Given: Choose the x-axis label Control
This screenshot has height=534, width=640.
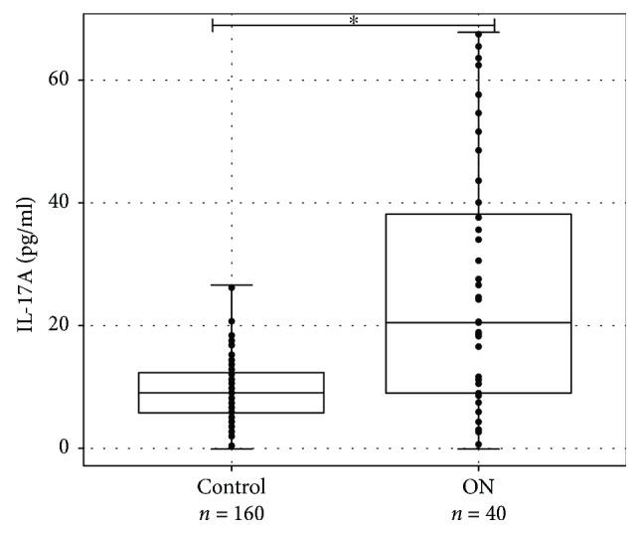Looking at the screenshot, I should [232, 488].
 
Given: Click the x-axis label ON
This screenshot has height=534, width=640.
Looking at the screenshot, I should [478, 488].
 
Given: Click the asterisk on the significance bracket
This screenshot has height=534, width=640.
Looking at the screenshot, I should [354, 19].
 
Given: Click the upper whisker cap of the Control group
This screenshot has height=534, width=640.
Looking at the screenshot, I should [232, 285].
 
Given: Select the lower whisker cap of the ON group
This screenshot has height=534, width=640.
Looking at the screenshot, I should [478, 448].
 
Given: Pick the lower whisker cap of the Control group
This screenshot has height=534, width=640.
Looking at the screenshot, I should [232, 448].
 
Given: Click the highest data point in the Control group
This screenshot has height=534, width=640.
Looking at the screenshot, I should [232, 287].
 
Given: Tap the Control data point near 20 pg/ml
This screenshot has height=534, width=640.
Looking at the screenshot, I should [232, 321].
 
